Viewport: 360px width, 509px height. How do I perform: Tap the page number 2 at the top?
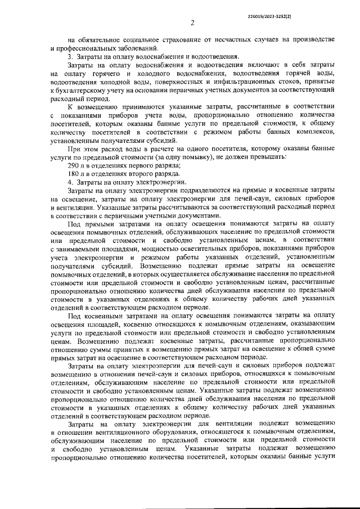[x=191, y=23]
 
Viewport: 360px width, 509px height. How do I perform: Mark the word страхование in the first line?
[x=170, y=39]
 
